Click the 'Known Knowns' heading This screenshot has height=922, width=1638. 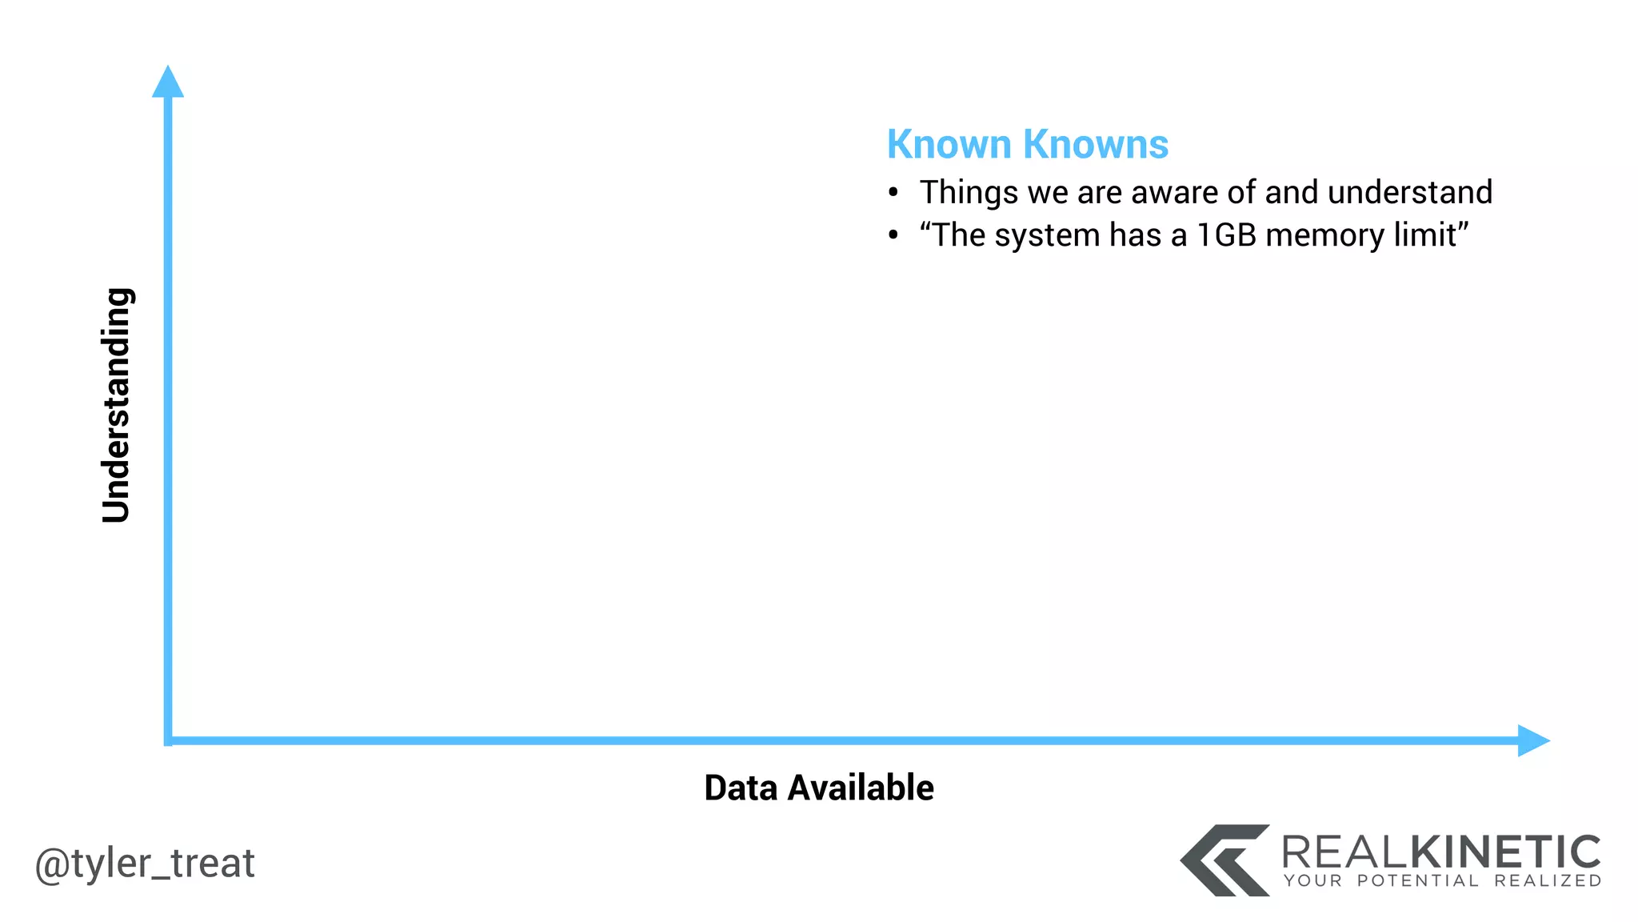click(1027, 145)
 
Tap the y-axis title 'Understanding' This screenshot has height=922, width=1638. click(117, 405)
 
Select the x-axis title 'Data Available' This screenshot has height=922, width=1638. click(818, 788)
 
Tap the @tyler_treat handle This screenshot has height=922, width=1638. click(145, 863)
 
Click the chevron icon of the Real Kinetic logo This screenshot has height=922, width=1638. click(1225, 860)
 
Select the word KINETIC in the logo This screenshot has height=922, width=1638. click(1504, 852)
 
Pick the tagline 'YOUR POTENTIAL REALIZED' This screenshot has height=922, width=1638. click(1442, 881)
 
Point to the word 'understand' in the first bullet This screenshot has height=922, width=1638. click(1409, 193)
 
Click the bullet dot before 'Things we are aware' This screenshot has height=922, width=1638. click(893, 193)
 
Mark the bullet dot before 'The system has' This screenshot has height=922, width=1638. click(893, 236)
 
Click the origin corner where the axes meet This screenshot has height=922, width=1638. click(168, 740)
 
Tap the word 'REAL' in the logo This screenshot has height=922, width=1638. click(1343, 852)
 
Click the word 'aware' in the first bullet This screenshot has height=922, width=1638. click(1169, 193)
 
